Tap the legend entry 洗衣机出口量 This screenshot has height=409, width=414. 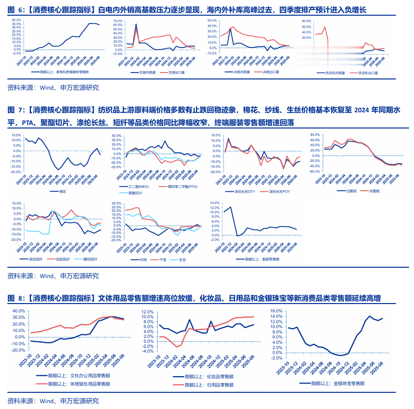click(368, 73)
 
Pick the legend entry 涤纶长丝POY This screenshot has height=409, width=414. click(282, 191)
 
